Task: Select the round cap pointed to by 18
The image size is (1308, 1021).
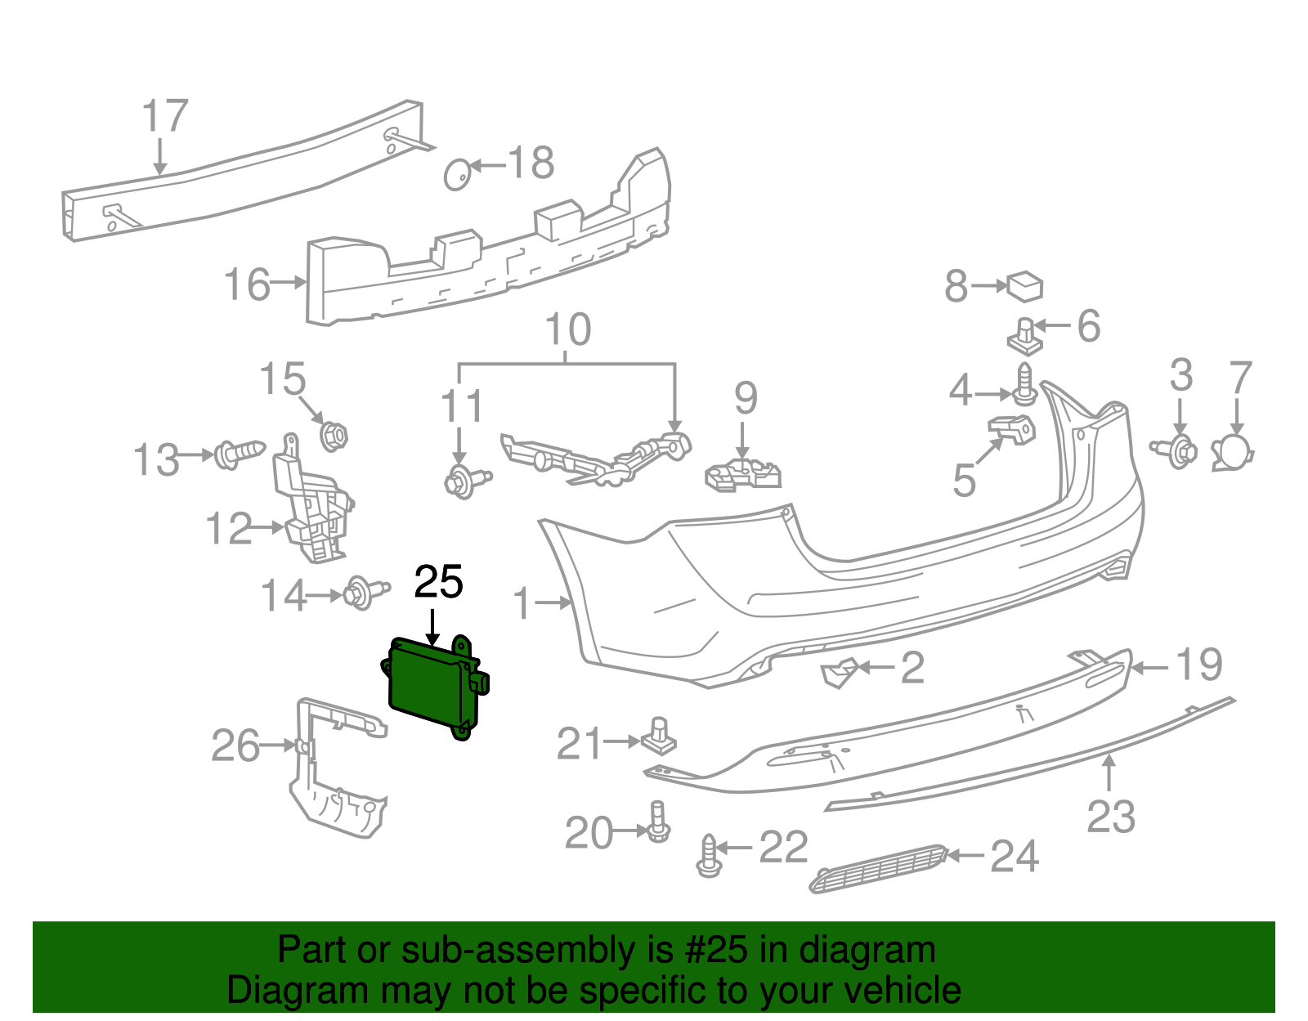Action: pos(457,174)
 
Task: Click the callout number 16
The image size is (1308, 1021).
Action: pos(247,284)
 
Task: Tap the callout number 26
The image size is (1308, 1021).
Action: pos(235,746)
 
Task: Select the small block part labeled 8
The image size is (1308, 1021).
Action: pos(1025,287)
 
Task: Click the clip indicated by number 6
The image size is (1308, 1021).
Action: pos(1025,336)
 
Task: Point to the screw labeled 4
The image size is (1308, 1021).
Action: pos(1025,385)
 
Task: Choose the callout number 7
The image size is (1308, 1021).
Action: pos(1240,377)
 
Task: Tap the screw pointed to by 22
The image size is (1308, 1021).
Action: pos(709,856)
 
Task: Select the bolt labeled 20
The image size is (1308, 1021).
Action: pos(658,821)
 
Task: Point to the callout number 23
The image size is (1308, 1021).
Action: pos(1111,817)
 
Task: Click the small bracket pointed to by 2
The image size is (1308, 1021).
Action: pos(839,674)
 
